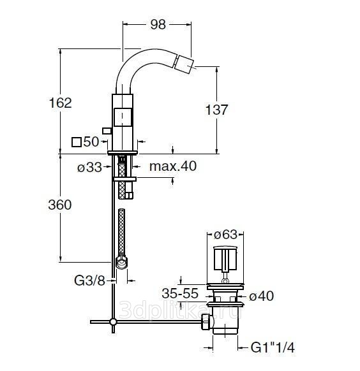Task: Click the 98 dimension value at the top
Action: pos(158,25)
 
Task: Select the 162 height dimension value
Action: pos(60,103)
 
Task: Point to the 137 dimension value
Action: pos(216,110)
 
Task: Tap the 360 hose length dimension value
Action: pos(60,205)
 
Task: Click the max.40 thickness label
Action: pos(173,166)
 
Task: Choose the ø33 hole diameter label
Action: pos(89,168)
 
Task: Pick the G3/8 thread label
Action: pos(89,280)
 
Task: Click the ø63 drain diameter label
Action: pos(225,235)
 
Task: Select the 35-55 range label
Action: pos(180,294)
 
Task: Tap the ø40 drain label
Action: pos(262,296)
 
